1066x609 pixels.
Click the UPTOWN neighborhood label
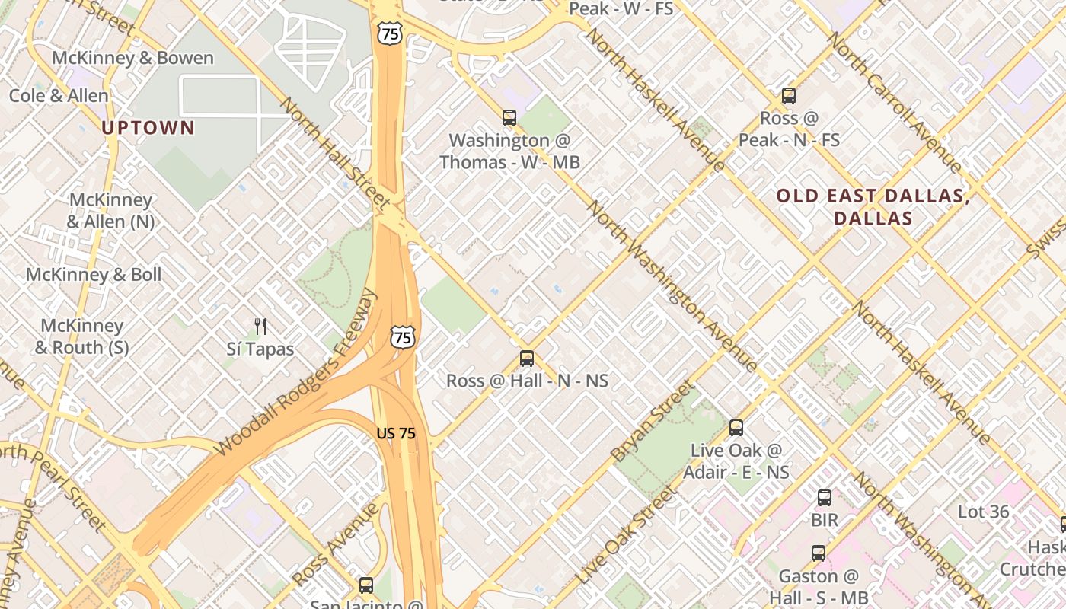(x=148, y=128)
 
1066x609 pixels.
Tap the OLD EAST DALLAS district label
(x=873, y=207)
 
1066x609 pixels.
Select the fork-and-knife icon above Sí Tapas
(x=260, y=327)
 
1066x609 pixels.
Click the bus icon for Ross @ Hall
(x=526, y=359)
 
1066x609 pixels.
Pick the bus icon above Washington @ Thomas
(x=509, y=118)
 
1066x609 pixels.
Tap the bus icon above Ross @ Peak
(x=789, y=97)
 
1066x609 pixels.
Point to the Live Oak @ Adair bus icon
(x=736, y=428)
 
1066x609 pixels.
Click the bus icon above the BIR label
(x=824, y=499)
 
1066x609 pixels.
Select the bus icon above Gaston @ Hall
(x=818, y=553)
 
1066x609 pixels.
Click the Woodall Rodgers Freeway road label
(x=297, y=373)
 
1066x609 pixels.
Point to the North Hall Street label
(x=336, y=152)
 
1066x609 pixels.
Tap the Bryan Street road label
(x=653, y=421)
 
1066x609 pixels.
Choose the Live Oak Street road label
(x=626, y=535)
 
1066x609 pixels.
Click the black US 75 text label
(x=396, y=433)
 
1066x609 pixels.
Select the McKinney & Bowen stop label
(x=132, y=58)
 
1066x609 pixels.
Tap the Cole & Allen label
(x=59, y=96)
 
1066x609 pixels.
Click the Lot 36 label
(x=984, y=512)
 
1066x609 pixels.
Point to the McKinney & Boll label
(x=94, y=275)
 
